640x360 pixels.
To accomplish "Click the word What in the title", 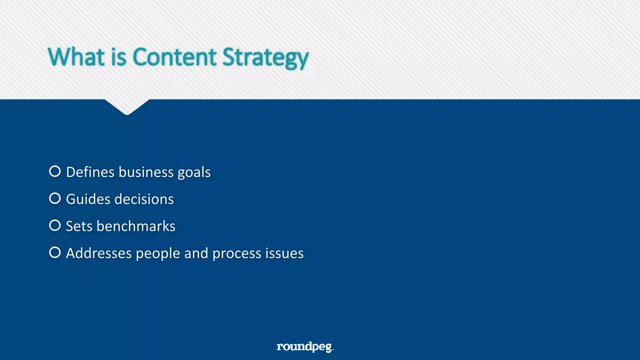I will (x=76, y=57).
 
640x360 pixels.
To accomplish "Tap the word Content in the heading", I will (x=174, y=57).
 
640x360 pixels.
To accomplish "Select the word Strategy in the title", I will (x=265, y=58).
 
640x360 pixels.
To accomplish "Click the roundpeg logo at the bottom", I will (x=305, y=347).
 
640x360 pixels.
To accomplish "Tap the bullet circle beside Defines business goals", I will (x=55, y=171).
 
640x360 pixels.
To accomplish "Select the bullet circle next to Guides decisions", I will (x=55, y=198).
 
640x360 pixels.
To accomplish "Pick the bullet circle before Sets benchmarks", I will (x=55, y=225).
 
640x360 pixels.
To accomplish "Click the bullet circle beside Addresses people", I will (x=55, y=252).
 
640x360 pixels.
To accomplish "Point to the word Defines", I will (x=90, y=172).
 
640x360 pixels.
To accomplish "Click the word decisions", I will (x=144, y=199).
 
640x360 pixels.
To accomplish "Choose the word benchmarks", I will (x=136, y=226).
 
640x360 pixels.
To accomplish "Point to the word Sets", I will (x=79, y=226).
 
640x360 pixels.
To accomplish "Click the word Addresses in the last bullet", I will (x=99, y=253).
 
